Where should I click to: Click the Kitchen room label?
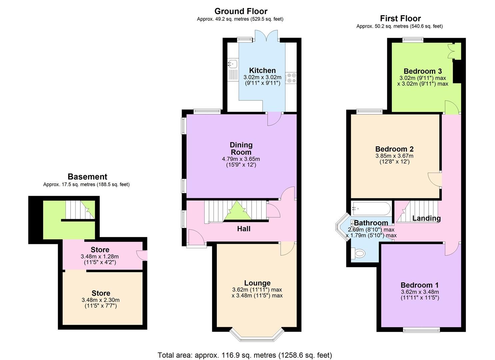(262, 70)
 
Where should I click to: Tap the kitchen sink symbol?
(232, 63)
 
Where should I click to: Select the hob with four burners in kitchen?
(291, 78)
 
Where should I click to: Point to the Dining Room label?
(241, 148)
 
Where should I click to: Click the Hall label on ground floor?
(244, 229)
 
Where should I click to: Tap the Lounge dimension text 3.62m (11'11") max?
(257, 289)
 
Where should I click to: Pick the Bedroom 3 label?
(422, 71)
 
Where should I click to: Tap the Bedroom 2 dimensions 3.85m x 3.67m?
(394, 156)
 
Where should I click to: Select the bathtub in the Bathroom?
(371, 208)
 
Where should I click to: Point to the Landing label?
(426, 218)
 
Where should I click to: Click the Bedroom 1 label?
(419, 285)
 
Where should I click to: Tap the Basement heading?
(87, 177)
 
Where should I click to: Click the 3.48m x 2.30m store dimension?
(100, 300)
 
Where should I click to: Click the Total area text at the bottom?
(245, 355)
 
